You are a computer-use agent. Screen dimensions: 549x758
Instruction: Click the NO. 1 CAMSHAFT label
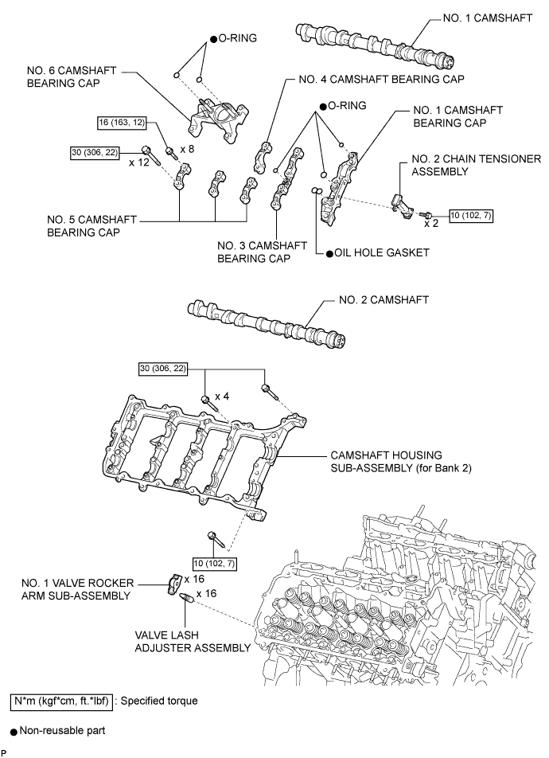point(488,18)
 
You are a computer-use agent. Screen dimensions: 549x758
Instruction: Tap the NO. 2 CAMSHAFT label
point(384,299)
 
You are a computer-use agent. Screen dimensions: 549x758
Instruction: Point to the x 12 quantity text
point(139,162)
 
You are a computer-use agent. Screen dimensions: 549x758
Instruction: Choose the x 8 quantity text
point(187,149)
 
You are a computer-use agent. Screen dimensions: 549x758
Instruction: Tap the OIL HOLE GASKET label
point(382,253)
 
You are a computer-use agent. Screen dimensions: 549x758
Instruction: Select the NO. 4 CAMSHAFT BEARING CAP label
point(381,80)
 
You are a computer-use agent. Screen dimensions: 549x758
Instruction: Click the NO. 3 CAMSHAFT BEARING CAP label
point(262,252)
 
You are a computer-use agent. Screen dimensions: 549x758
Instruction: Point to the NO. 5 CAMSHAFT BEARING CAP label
point(91,226)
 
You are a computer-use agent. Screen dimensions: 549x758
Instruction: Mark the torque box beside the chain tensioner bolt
point(471,216)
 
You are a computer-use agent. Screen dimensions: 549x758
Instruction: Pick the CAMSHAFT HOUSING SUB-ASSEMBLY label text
point(401,462)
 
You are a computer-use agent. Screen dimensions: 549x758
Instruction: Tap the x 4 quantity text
point(222,397)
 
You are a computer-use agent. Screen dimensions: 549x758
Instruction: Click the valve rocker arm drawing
point(174,584)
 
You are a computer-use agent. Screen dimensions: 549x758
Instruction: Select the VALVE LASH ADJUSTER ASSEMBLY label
point(193,642)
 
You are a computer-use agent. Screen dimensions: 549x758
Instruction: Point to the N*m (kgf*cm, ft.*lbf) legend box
point(61,701)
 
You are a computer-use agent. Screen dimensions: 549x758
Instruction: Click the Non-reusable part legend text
point(62,730)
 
